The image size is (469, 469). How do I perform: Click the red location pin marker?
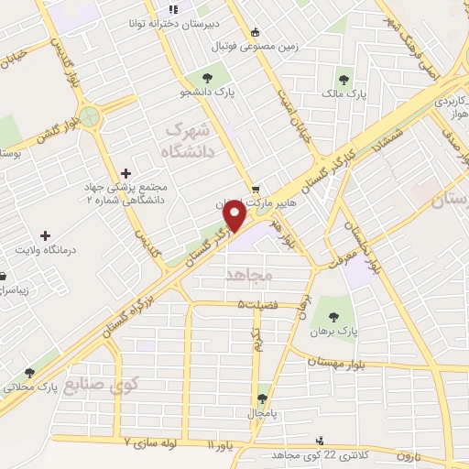(x=236, y=217)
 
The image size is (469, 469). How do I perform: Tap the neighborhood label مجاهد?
(x=243, y=275)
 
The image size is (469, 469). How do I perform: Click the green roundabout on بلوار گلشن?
(x=90, y=116)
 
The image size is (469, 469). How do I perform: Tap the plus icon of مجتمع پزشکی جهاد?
(x=125, y=172)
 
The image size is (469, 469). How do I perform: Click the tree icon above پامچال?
(x=264, y=399)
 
